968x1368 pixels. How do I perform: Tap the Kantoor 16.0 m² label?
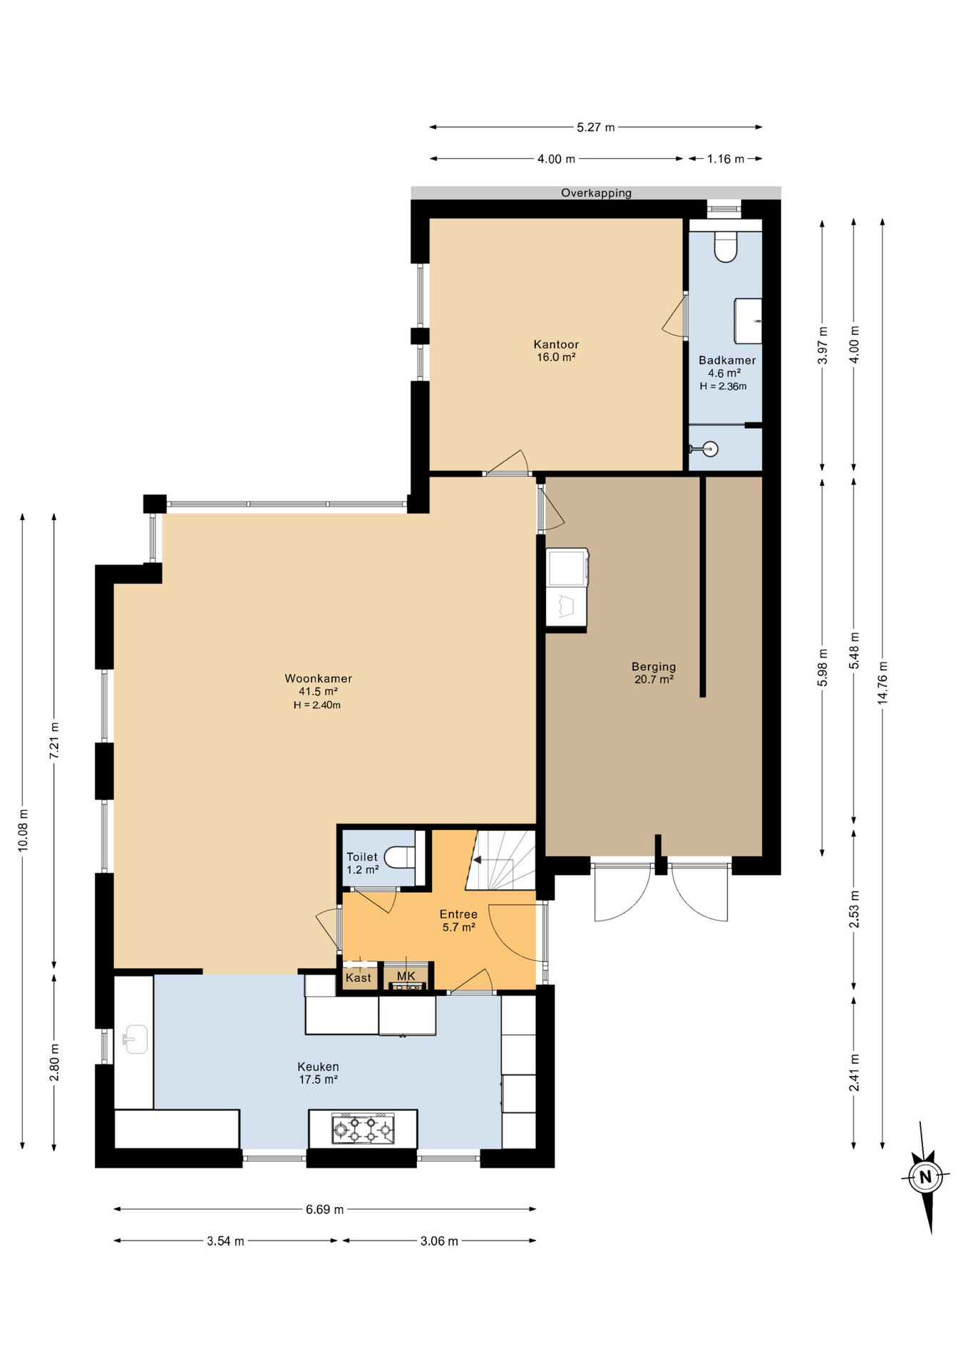click(556, 351)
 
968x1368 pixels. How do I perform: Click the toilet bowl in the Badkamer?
click(725, 247)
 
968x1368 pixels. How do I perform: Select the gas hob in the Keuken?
click(363, 1129)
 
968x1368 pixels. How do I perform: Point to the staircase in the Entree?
click(502, 860)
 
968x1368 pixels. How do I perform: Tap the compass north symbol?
click(925, 1176)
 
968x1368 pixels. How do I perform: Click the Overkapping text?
click(596, 193)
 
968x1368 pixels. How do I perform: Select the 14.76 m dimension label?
click(882, 683)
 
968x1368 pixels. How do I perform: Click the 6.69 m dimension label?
click(324, 1209)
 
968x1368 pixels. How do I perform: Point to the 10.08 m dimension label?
click(23, 829)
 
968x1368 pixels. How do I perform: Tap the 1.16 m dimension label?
click(725, 159)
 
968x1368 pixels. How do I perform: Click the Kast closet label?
click(358, 978)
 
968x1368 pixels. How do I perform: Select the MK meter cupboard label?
click(406, 975)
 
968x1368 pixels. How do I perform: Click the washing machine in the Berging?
click(567, 567)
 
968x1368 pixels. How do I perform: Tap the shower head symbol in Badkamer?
click(709, 449)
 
